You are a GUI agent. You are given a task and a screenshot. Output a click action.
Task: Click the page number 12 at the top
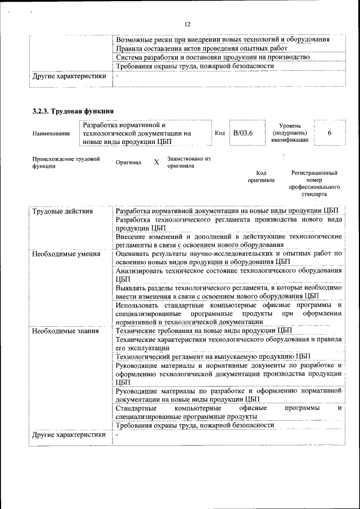pyautogui.click(x=187, y=24)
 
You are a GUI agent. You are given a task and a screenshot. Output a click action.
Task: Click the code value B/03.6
pyautogui.click(x=243, y=133)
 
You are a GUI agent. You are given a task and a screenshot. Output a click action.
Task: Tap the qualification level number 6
pyautogui.click(x=329, y=133)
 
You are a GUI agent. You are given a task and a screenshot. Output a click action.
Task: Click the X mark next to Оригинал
pyautogui.click(x=156, y=163)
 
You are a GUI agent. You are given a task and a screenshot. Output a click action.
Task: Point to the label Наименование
pyautogui.click(x=51, y=133)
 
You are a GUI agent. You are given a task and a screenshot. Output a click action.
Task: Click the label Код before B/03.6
pyautogui.click(x=220, y=133)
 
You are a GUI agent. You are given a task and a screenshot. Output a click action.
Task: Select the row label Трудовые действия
pyautogui.click(x=62, y=211)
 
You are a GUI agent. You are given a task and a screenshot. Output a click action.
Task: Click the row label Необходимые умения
pyautogui.click(x=66, y=254)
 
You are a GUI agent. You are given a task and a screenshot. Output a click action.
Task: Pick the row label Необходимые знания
pyautogui.click(x=65, y=331)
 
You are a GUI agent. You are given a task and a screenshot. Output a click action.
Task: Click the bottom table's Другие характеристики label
pyautogui.click(x=69, y=435)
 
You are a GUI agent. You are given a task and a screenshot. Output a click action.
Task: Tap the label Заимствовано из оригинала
pyautogui.click(x=188, y=163)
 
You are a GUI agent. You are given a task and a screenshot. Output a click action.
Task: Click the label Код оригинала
pyautogui.click(x=261, y=177)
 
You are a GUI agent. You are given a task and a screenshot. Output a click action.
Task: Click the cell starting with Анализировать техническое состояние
pyautogui.click(x=228, y=274)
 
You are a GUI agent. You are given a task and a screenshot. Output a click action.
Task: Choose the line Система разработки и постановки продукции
pyautogui.click(x=213, y=57)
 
